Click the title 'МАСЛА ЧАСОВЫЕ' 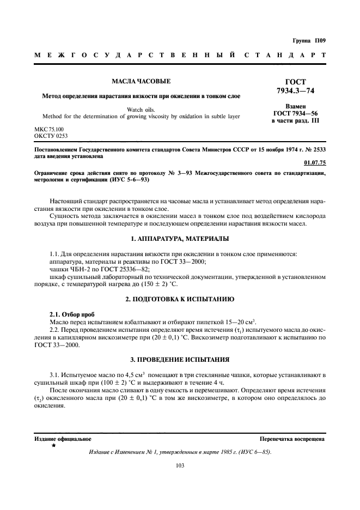[x=141, y=81]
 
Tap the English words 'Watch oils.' [x=141, y=109]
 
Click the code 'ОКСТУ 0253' [x=51, y=136]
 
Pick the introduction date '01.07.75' [x=314, y=162]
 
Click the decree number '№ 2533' [x=315, y=148]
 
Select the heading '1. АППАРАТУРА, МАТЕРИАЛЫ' [x=180, y=239]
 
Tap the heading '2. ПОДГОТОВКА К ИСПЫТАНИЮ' [x=180, y=300]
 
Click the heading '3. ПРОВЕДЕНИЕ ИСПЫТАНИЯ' [x=180, y=360]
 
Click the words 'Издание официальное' [x=63, y=438]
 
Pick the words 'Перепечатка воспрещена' [x=292, y=438]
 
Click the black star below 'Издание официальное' [x=53, y=445]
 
